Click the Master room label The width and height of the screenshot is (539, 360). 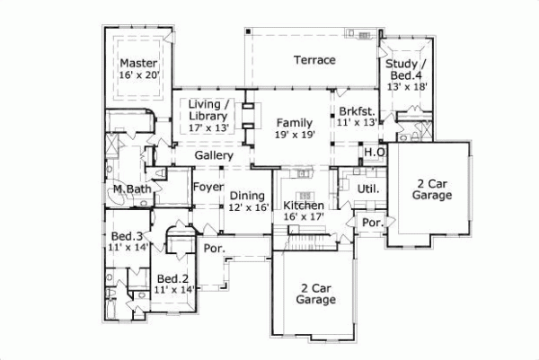pos(139,64)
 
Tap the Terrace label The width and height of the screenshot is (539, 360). pos(314,60)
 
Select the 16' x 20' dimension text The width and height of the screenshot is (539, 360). pos(139,77)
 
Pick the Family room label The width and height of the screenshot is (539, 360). pos(294,121)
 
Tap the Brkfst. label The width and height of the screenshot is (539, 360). pos(355,110)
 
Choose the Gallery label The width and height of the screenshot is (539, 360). pos(214,156)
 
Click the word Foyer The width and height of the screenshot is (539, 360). pos(208,188)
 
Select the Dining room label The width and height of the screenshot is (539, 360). pos(246,196)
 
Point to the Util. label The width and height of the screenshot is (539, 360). pos(368,189)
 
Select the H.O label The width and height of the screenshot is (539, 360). pos(375,153)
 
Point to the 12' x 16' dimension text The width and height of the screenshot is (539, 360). pos(246,208)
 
